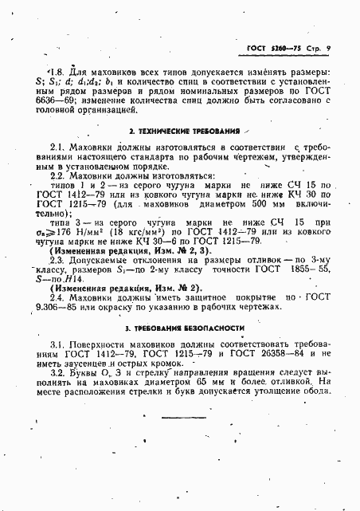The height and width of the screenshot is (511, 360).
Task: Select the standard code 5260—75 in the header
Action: click(284, 48)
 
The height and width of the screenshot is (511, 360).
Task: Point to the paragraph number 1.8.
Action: click(55, 69)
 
